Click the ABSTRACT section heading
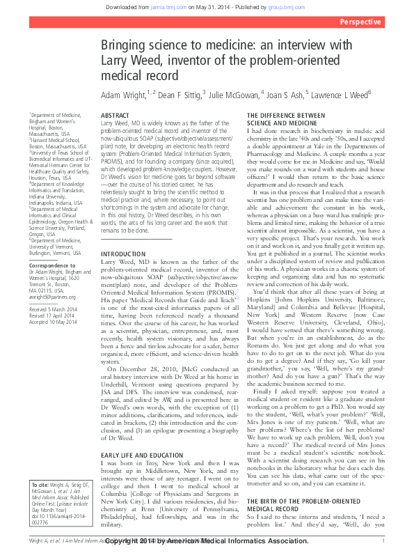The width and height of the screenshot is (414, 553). (x=114, y=115)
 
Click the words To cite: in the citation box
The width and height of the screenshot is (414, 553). (x=43, y=483)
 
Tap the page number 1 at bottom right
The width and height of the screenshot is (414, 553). (x=383, y=540)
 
